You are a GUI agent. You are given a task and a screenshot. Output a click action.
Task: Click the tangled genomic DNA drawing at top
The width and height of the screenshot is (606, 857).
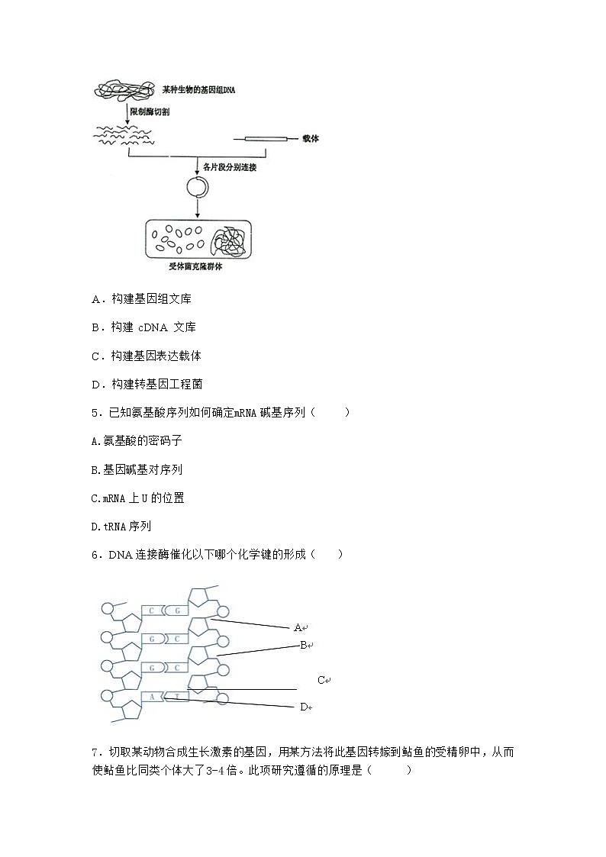[124, 90]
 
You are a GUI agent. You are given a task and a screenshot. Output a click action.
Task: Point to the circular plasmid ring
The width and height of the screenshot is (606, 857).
[197, 187]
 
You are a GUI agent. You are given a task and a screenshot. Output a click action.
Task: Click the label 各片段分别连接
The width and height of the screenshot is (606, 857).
[229, 166]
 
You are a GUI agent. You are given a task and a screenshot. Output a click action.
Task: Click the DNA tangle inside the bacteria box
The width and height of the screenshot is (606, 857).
[229, 242]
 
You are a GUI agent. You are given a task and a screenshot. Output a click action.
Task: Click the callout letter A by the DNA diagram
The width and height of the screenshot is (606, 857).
[298, 627]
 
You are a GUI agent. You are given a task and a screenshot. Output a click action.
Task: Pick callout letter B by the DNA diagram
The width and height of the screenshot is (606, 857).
[303, 645]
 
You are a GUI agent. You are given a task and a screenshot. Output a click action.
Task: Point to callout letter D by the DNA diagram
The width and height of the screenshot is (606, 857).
[303, 707]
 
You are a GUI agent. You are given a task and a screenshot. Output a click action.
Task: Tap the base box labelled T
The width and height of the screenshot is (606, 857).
[177, 696]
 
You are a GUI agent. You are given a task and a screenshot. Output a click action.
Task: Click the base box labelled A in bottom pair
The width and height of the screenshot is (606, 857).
[153, 696]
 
